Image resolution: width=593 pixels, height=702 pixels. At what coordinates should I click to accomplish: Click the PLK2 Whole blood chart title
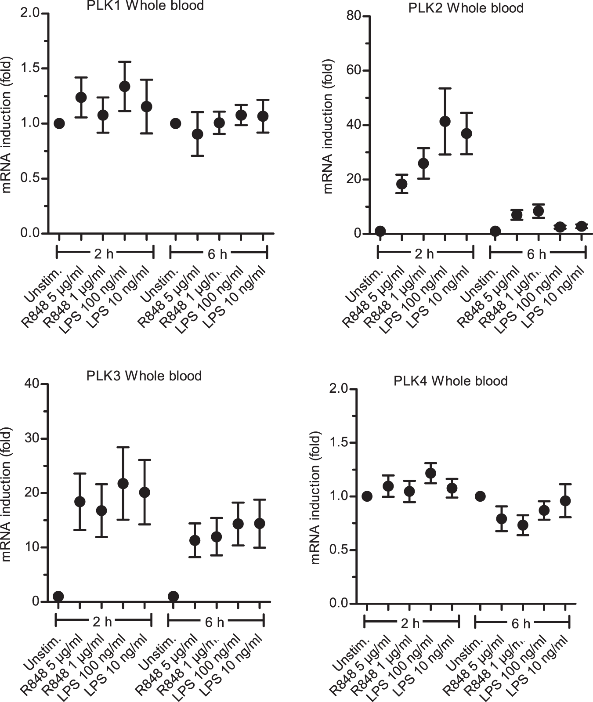[466, 8]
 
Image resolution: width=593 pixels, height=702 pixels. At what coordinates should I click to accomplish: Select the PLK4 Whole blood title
[451, 380]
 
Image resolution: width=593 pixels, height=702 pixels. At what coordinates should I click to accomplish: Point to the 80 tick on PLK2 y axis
[354, 16]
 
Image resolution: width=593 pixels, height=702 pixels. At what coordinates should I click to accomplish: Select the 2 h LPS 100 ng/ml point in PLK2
[445, 121]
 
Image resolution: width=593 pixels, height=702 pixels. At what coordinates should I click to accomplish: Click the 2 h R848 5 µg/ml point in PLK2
[402, 184]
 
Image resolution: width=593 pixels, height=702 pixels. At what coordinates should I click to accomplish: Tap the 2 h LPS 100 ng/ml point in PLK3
[123, 484]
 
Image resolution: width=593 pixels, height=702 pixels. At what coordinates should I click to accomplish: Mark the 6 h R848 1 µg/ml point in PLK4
[523, 525]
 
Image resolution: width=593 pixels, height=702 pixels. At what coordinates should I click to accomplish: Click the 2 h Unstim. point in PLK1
[60, 123]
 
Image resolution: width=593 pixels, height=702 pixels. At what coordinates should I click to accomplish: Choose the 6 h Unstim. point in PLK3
[173, 596]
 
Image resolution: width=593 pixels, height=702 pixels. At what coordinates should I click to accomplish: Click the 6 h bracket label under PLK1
[217, 254]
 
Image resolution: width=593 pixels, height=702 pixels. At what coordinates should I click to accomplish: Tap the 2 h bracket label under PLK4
[411, 623]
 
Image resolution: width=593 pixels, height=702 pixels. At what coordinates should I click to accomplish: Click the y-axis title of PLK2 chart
[328, 126]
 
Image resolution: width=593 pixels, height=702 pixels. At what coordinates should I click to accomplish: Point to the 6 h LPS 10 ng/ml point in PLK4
[566, 500]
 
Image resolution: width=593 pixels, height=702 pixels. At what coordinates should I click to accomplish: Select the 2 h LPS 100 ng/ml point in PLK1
[125, 86]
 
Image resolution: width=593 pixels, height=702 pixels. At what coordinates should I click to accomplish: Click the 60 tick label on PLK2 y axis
[354, 71]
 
